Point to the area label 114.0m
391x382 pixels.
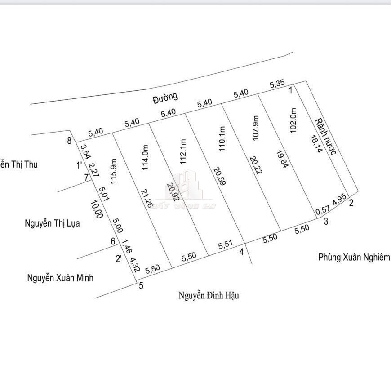(x=145, y=155)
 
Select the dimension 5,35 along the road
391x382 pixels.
(x=277, y=84)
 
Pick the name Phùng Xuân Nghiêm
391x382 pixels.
(x=354, y=257)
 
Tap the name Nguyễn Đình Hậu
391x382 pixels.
(x=209, y=295)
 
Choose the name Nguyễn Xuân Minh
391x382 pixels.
(x=60, y=278)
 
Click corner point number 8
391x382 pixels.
(x=69, y=141)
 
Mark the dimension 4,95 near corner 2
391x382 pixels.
(x=339, y=199)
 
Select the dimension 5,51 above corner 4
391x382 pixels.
(x=226, y=245)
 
